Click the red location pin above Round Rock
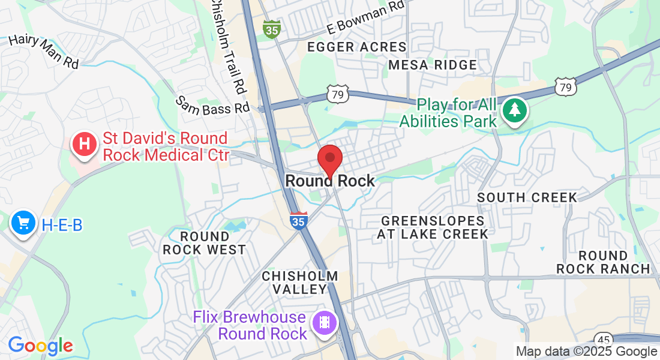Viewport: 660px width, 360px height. pyautogui.click(x=329, y=159)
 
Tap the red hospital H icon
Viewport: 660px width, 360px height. pyautogui.click(x=85, y=144)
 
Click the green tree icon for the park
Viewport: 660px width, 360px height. pyautogui.click(x=514, y=110)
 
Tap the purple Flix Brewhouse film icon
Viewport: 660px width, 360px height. pyautogui.click(x=325, y=323)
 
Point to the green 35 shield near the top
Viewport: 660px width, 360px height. pyautogui.click(x=272, y=29)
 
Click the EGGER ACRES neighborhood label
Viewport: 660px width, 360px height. pyautogui.click(x=356, y=47)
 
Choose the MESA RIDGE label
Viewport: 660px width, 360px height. pyautogui.click(x=433, y=65)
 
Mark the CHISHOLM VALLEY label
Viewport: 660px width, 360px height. pyautogui.click(x=300, y=282)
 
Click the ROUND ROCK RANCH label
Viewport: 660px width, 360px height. pyautogui.click(x=603, y=262)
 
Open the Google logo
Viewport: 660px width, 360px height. pyautogui.click(x=40, y=346)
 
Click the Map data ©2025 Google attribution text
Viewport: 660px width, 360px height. pyautogui.click(x=587, y=352)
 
